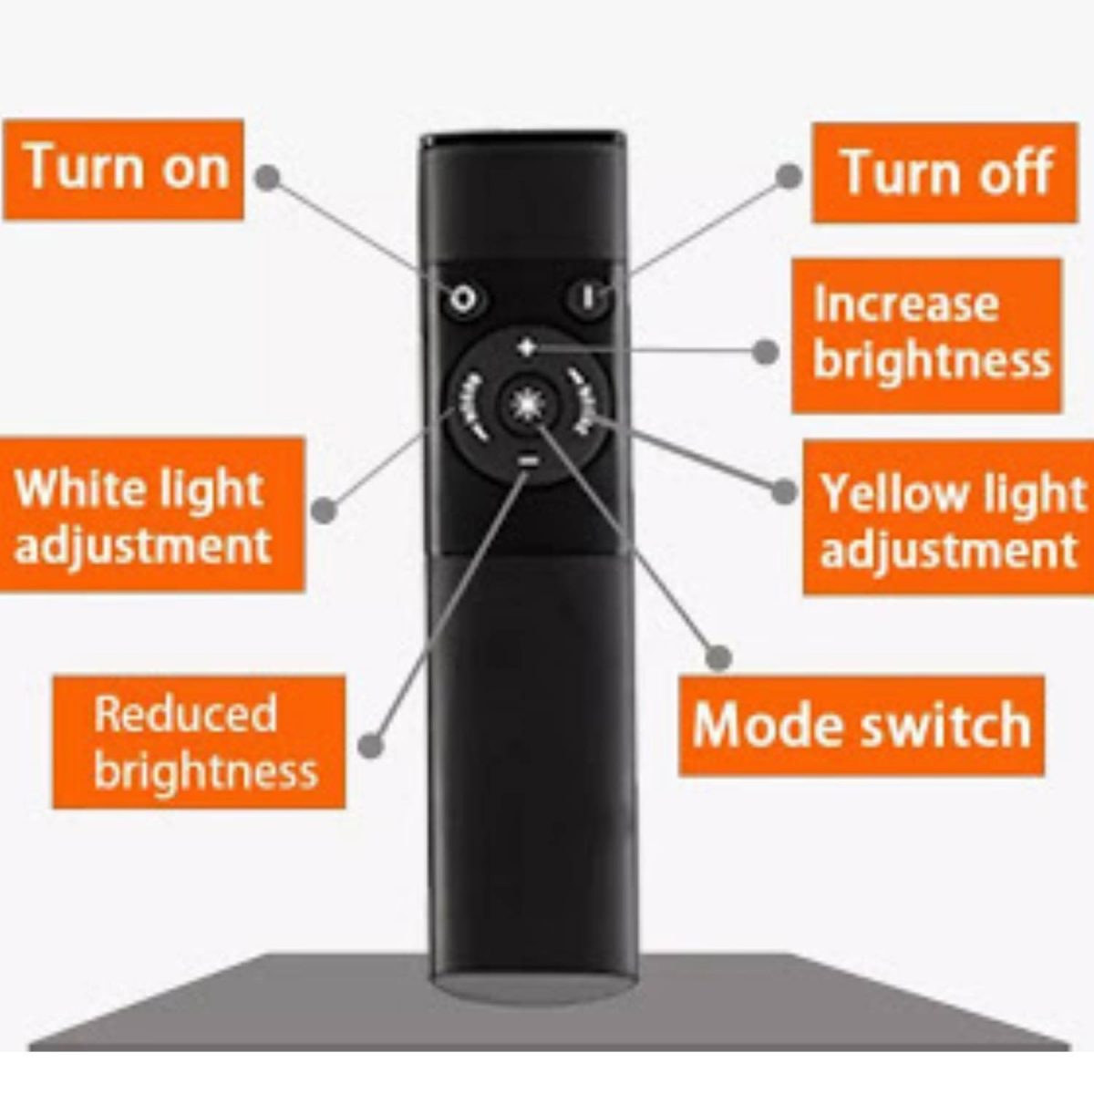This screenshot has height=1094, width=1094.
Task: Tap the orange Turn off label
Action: [x=944, y=173]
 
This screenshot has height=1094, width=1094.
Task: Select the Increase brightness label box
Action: [x=926, y=335]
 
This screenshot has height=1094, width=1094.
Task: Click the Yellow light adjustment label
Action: [x=948, y=518]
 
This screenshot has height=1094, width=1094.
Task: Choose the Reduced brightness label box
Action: [x=199, y=742]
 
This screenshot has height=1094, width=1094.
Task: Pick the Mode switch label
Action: [x=861, y=726]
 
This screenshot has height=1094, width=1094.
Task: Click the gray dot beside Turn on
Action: [x=266, y=177]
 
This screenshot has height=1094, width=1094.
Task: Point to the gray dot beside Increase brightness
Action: [x=766, y=351]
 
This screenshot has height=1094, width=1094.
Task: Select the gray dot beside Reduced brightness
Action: [x=369, y=745]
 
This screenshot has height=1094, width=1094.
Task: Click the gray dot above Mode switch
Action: [x=719, y=656]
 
